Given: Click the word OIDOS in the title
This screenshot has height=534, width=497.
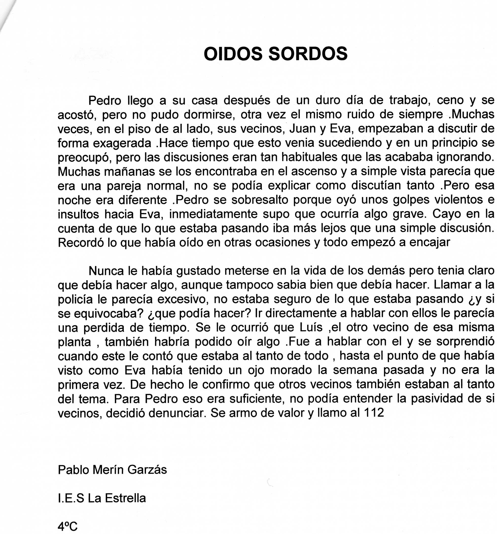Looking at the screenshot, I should (233, 54).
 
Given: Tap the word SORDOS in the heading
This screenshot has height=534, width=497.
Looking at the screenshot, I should (308, 54).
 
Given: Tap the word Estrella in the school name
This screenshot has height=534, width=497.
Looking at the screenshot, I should (125, 498).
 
